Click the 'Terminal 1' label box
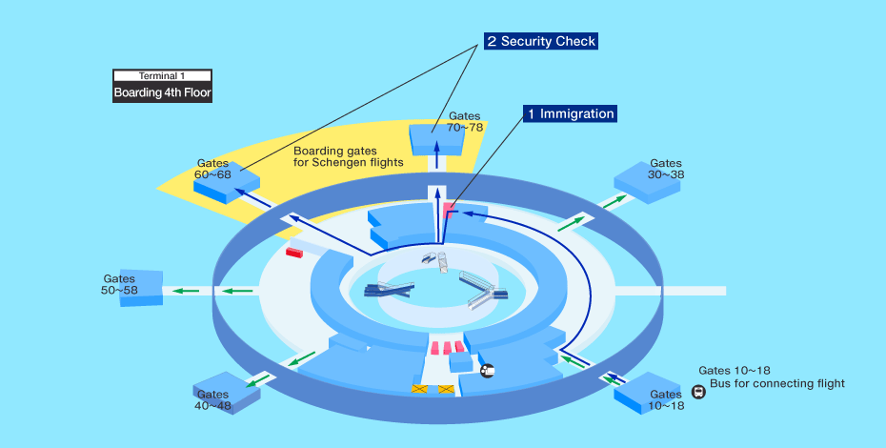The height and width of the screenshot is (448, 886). [x=162, y=76]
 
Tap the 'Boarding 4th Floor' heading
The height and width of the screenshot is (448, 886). [x=162, y=92]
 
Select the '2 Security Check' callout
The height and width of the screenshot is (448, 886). [x=541, y=41]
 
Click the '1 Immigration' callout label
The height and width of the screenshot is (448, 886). [x=570, y=113]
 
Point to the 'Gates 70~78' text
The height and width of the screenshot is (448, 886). [x=465, y=122]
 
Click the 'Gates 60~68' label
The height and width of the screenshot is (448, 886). [x=213, y=169]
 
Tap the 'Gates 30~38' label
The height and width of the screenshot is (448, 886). [x=666, y=169]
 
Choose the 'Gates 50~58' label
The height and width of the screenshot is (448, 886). [x=119, y=284]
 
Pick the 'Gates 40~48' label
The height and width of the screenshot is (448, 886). [x=213, y=400]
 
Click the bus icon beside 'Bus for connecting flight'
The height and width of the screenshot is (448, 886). [x=699, y=392]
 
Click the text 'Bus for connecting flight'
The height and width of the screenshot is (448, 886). [x=777, y=383]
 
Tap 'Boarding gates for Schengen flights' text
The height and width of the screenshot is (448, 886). [x=348, y=156]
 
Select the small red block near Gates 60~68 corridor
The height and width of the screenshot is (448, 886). [x=293, y=253]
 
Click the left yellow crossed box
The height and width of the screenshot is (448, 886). [x=420, y=389]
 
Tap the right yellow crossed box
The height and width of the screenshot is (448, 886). [x=447, y=389]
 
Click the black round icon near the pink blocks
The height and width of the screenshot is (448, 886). [x=487, y=371]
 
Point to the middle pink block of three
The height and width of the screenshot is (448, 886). [x=447, y=348]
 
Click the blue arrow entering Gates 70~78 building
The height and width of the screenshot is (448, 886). [x=436, y=153]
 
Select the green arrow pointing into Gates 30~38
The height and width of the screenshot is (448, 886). [x=614, y=201]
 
